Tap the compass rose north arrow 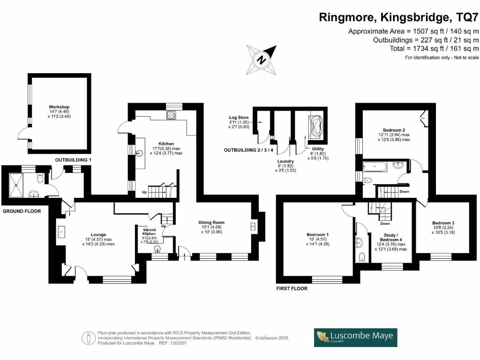[261, 59]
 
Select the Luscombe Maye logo [356, 337]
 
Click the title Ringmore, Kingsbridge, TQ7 [399, 17]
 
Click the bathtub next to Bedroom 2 [375, 165]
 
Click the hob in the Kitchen [170, 115]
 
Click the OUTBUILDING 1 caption [73, 160]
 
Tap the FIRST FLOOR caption [292, 288]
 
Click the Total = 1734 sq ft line [434, 48]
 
